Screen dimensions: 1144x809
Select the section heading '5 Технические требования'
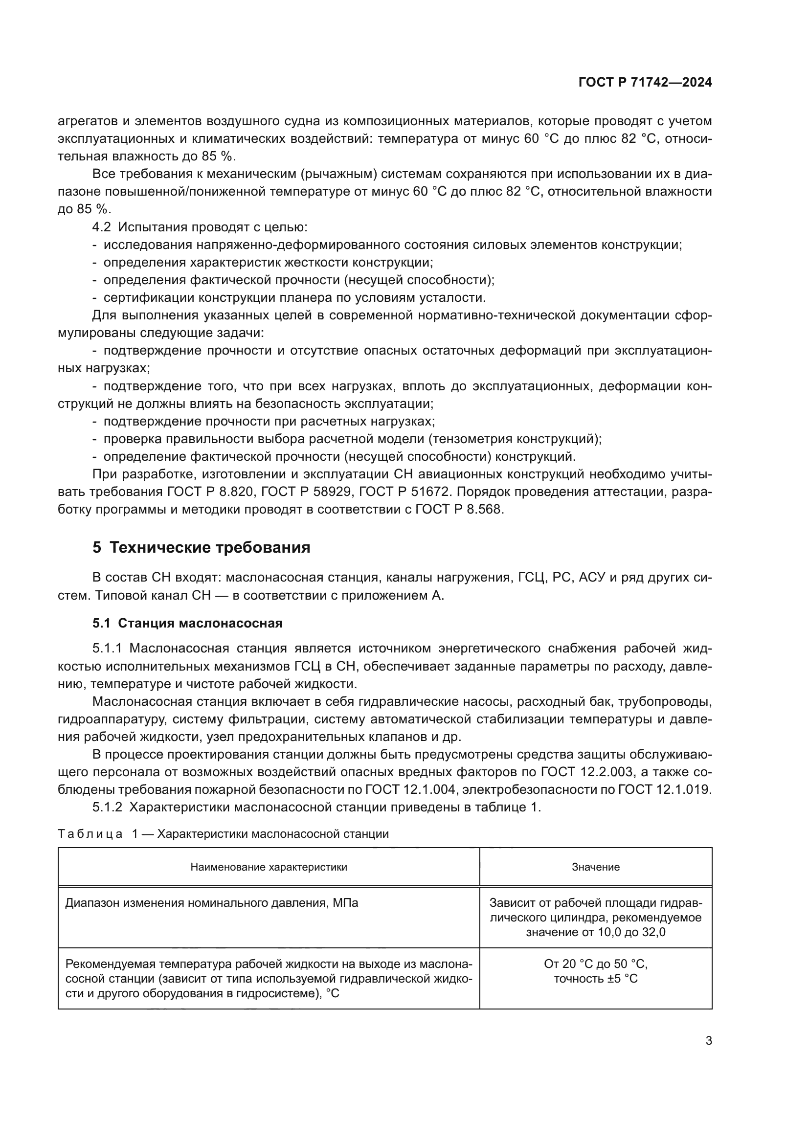coord(201,548)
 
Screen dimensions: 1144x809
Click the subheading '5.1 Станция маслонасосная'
coord(187,623)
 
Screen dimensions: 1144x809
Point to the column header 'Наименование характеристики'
coord(269,867)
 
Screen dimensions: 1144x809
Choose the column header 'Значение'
coord(595,867)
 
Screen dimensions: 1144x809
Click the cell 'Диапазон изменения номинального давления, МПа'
coord(212,903)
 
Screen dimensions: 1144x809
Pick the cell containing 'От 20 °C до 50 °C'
coord(595,964)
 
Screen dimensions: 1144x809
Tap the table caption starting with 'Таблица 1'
coord(223,834)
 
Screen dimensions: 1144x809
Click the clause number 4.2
coord(101,227)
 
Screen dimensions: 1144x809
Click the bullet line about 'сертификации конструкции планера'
coord(294,298)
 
